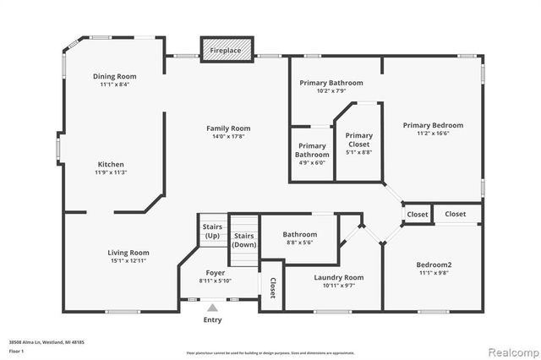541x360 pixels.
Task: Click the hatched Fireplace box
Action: pos(226,50)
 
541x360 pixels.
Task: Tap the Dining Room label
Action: pos(114,76)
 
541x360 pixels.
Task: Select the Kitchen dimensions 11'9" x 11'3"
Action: pos(112,172)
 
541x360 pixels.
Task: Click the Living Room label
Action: pos(128,253)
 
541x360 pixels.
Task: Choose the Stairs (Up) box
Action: pos(211,231)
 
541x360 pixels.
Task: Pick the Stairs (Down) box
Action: pos(244,240)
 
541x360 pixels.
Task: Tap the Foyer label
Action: pos(216,273)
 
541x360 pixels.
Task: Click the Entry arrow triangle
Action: pos(213,308)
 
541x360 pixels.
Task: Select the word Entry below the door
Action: pos(213,320)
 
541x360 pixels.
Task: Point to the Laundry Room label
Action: pos(338,277)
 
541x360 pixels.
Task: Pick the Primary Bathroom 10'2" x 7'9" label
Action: pos(331,83)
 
